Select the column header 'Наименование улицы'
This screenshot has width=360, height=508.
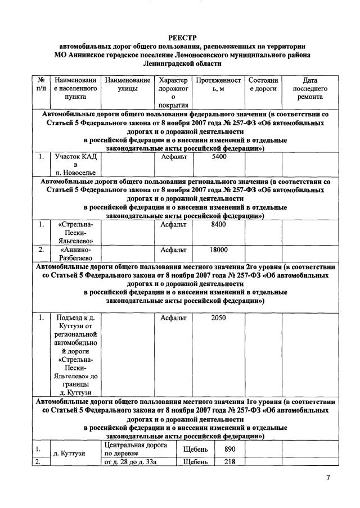pos(128,84)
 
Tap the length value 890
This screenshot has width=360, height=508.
pos(229,449)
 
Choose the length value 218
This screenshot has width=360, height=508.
pos(229,462)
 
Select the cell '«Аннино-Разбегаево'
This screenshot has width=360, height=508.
pos(75,254)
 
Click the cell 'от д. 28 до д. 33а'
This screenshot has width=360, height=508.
pos(129,462)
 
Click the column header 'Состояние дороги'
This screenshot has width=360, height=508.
pos(263,84)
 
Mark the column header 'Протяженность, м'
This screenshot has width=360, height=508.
pos(218,84)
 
